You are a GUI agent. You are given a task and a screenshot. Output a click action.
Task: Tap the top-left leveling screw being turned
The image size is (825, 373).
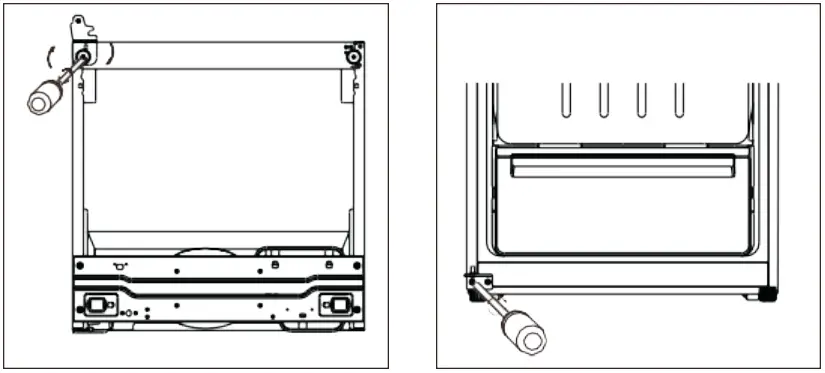pos(82,54)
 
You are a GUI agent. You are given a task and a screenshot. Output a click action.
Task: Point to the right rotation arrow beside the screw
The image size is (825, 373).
pos(112,51)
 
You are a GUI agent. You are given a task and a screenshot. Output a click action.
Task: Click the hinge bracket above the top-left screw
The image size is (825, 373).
pos(80,25)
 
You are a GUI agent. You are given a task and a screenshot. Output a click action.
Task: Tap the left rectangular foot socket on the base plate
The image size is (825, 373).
pos(98,305)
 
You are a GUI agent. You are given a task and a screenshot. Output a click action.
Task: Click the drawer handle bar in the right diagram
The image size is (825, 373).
pos(622,170)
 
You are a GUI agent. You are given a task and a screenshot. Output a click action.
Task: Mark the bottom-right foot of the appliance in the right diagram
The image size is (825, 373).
pos(766,295)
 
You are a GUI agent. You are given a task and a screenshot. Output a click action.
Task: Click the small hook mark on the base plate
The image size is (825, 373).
pos(120,265)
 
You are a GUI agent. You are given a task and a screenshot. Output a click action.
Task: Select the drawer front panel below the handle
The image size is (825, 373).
pos(622,215)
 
